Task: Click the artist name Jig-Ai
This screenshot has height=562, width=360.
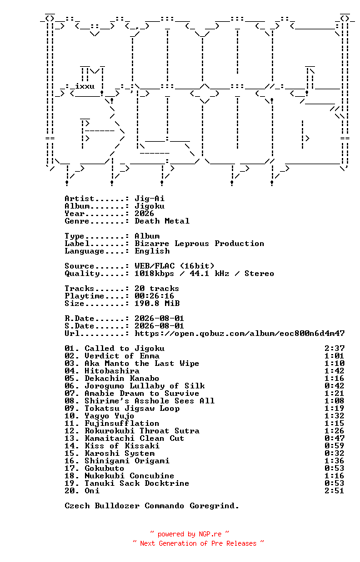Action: point(149,199)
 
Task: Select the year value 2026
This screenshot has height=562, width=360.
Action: point(144,214)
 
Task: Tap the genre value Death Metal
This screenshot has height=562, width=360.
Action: point(162,221)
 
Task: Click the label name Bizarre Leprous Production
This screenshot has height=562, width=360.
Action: point(199,244)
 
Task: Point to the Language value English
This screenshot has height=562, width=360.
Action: point(152,251)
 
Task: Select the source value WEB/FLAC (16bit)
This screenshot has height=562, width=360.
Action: point(174,266)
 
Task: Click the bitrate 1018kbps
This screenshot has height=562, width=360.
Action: point(154,274)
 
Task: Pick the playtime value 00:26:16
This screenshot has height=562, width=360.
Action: point(154,296)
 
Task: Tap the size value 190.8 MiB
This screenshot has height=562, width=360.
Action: point(157,303)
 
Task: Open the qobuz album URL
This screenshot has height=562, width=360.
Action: point(239,333)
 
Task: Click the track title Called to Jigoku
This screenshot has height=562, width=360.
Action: point(125,348)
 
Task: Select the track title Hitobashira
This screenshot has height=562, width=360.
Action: point(112,372)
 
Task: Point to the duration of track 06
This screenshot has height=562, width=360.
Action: point(334,386)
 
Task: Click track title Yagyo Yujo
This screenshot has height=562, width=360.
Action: point(110,416)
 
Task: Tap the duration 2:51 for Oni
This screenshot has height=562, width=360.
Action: point(334,491)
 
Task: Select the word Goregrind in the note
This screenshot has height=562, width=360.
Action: point(214,506)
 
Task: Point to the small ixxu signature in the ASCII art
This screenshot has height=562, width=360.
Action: point(85,86)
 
